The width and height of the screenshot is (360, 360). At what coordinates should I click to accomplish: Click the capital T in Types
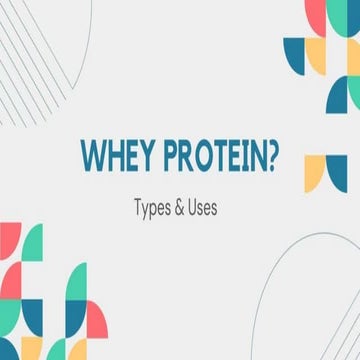(137, 210)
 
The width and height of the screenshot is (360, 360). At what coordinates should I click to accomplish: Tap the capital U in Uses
(197, 210)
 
